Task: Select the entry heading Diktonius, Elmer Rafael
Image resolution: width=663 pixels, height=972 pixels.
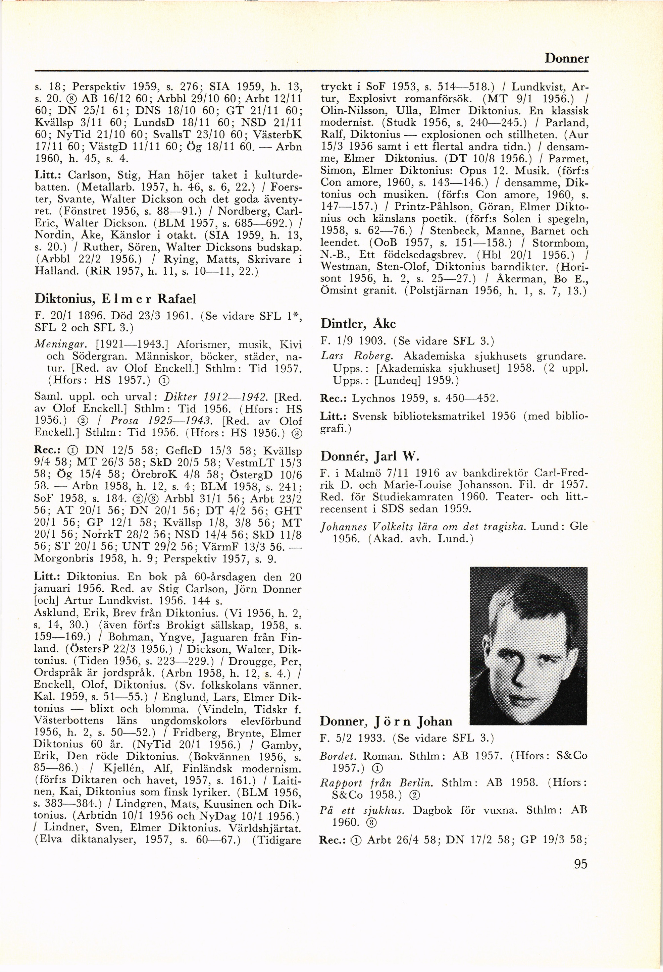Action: coord(115,299)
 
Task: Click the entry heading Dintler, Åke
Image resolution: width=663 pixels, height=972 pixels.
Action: coord(358,323)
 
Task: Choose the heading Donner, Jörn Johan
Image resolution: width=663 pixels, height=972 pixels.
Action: coord(386,721)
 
